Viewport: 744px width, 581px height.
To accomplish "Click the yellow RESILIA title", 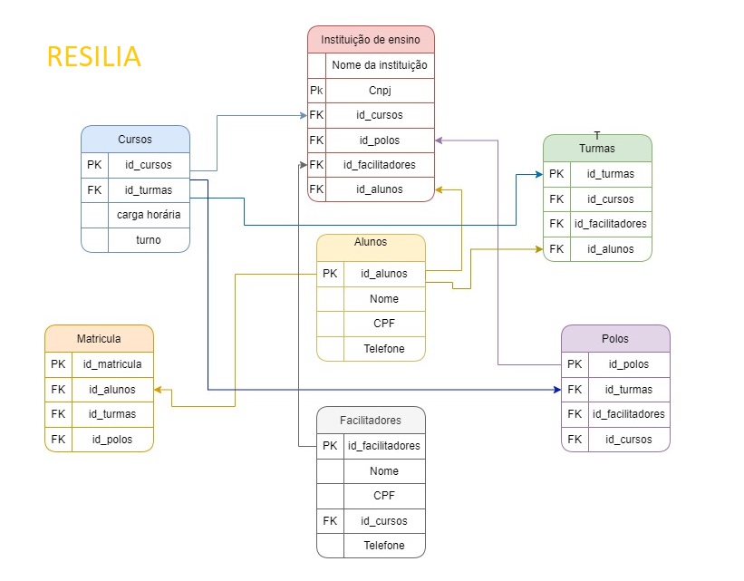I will (x=93, y=57).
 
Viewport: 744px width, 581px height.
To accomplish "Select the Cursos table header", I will (x=135, y=140).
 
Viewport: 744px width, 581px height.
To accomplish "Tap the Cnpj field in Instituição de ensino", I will (x=380, y=91).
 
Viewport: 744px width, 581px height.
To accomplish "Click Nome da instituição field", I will (x=380, y=65).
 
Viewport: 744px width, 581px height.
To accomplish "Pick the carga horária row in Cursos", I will (x=149, y=215).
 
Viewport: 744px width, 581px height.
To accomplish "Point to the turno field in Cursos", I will (x=149, y=240).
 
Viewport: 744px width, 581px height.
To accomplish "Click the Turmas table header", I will (x=596, y=149).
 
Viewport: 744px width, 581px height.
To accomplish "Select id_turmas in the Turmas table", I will (x=610, y=174).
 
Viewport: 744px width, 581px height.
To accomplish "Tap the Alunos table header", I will (x=371, y=242).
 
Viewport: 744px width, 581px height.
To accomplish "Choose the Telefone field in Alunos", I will (x=384, y=348).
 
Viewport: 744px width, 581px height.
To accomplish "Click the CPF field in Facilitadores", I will (x=384, y=496).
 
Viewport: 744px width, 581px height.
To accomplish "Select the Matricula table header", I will (x=99, y=338).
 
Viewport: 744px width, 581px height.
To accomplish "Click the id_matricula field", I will (x=112, y=363).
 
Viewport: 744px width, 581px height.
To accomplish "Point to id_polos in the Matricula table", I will (x=112, y=440).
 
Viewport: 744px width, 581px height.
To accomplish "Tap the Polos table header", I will (x=614, y=339).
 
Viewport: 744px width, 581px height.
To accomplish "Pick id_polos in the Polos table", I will (x=628, y=363).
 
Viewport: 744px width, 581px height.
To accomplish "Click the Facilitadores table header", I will (x=371, y=421).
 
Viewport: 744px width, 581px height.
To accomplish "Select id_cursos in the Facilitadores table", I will (x=384, y=521).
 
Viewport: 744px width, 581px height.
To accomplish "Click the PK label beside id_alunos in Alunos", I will (x=330, y=273).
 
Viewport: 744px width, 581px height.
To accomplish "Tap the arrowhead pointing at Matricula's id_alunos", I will (x=159, y=389).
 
